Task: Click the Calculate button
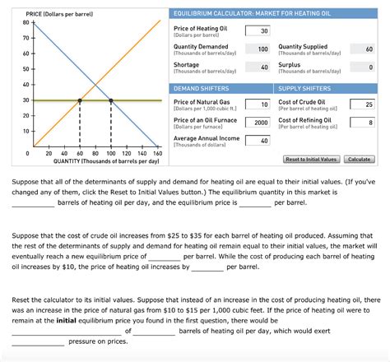(360, 159)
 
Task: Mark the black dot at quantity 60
(79, 100)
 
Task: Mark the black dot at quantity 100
(110, 100)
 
